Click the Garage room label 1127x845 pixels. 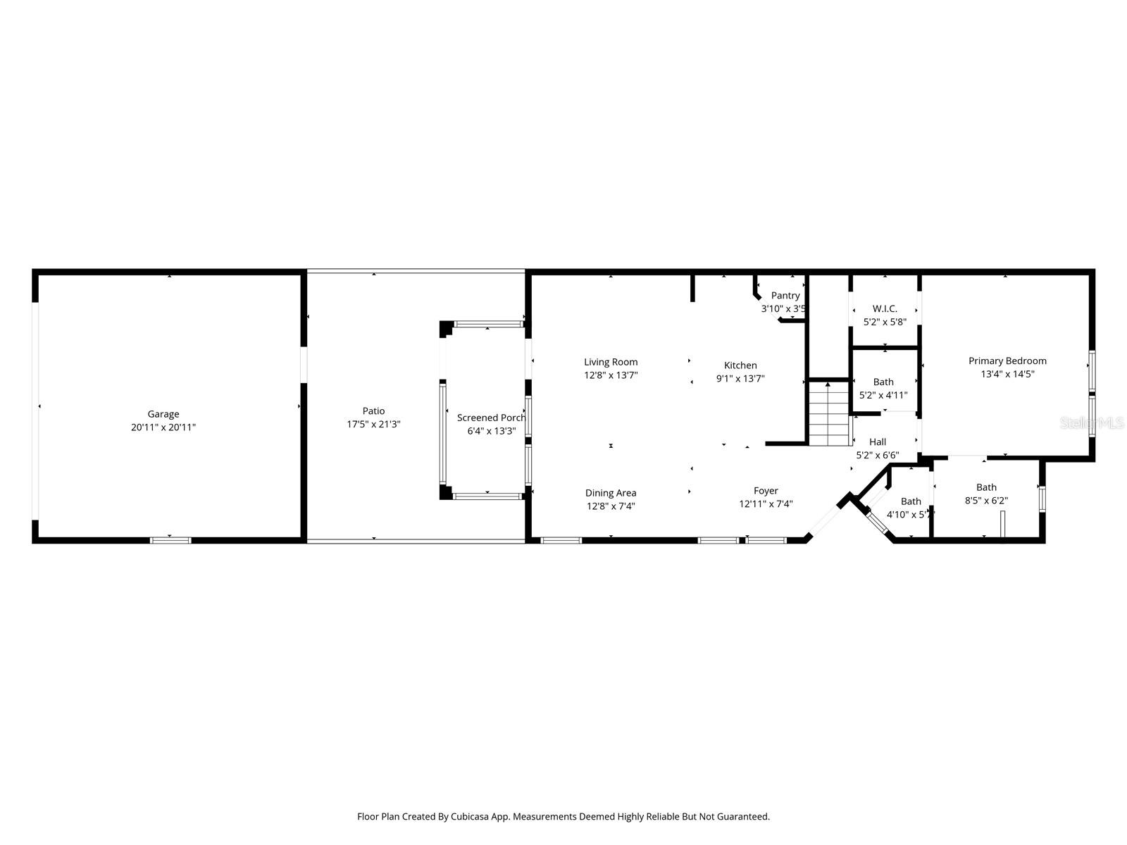click(163, 414)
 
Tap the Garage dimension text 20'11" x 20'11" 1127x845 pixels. click(163, 427)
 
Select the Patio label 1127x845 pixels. click(373, 411)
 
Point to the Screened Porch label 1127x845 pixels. click(491, 418)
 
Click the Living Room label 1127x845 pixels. click(611, 362)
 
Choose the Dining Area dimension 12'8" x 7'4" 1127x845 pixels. click(611, 506)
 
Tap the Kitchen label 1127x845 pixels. click(740, 365)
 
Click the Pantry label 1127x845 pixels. click(785, 296)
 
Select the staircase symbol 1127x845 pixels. click(828, 414)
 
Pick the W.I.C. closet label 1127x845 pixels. click(885, 308)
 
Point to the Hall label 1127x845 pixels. click(877, 442)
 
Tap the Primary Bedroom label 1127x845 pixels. click(1007, 361)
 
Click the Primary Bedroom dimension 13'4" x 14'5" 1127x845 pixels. click(1007, 374)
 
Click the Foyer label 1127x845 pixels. click(766, 490)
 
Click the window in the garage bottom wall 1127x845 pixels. click(170, 540)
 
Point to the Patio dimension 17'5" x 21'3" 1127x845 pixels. click(373, 424)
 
